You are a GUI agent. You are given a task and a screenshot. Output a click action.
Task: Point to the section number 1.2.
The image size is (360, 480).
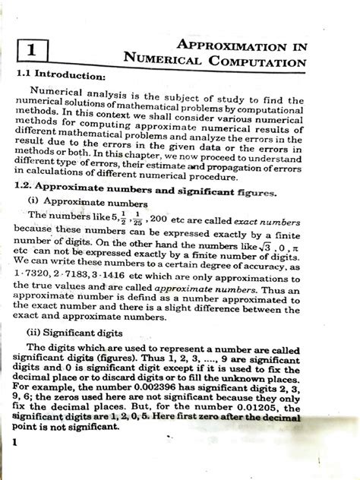pos(26,187)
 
